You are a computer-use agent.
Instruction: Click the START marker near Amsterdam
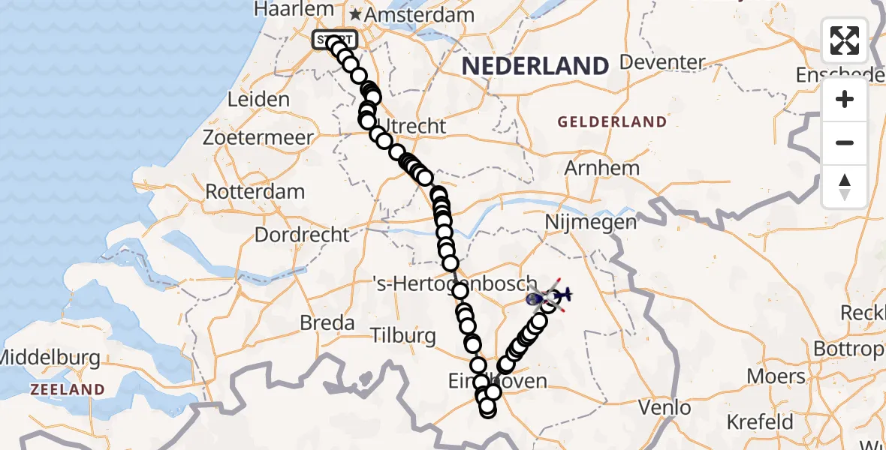coord(334,40)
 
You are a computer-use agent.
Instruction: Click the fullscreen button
coord(845,40)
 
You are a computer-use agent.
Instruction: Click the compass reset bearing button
coord(845,187)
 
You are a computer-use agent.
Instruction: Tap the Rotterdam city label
coord(255,191)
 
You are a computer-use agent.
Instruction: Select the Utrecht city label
coord(413,126)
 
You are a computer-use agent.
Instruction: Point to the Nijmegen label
coord(591,222)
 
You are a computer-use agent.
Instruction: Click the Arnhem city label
coord(601,168)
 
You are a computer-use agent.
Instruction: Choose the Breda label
coord(327,323)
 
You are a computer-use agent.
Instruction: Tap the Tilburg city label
coord(403,335)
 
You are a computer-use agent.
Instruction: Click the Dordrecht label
coord(302,235)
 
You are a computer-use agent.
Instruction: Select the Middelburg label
coord(50,358)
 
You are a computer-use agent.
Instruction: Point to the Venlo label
coord(664,408)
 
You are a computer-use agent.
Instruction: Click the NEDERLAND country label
coord(535,67)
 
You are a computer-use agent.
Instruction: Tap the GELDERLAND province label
coord(611,121)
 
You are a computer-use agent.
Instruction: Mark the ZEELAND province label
coord(67,389)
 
